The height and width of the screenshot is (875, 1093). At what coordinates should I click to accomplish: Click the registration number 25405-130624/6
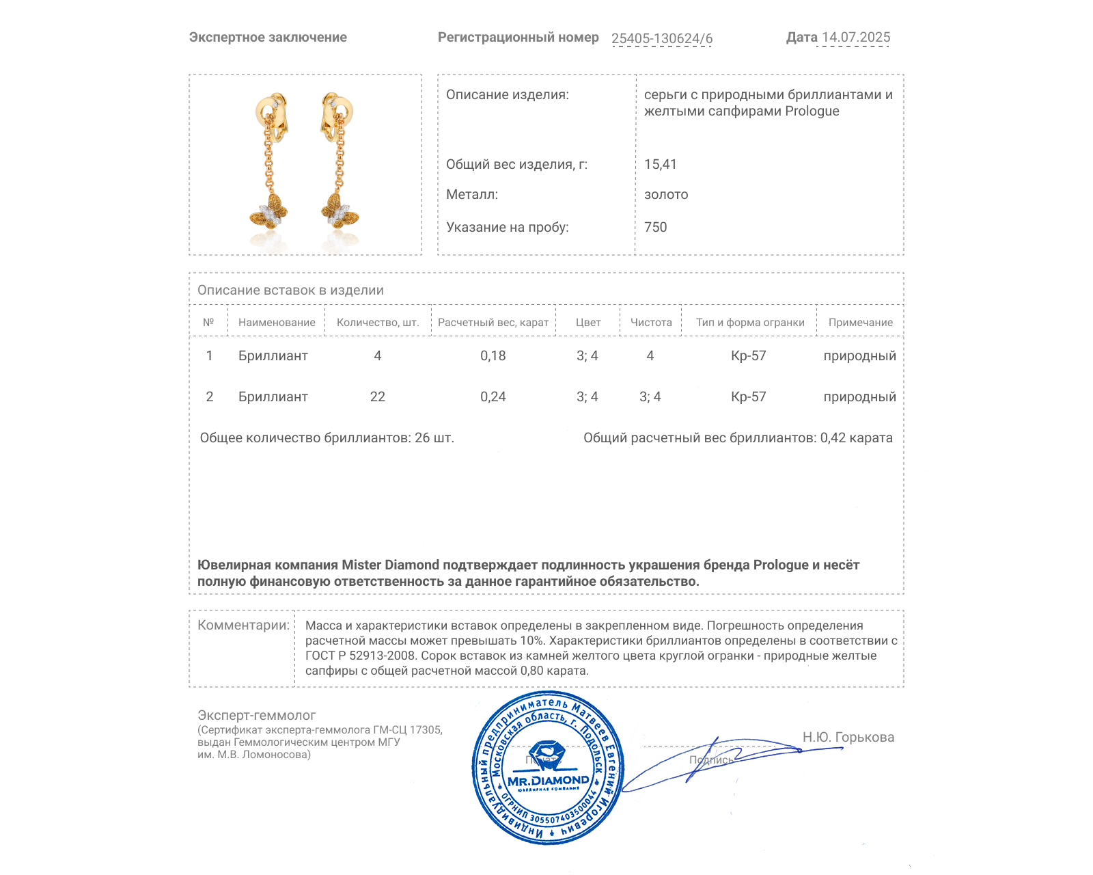(661, 38)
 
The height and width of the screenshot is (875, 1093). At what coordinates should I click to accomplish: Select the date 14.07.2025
(856, 37)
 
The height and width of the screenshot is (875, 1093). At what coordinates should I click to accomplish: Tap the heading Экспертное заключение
(268, 37)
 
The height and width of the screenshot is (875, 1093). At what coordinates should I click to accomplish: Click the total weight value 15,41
(660, 164)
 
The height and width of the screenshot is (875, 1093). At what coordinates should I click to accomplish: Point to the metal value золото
(666, 194)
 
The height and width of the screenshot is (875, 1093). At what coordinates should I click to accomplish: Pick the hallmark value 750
(655, 227)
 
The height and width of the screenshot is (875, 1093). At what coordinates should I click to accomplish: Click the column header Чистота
(651, 322)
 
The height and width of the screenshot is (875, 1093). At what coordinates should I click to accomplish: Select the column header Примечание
(860, 322)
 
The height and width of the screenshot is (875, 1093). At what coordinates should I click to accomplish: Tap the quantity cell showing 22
(377, 396)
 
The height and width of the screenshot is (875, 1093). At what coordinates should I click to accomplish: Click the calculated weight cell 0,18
(493, 355)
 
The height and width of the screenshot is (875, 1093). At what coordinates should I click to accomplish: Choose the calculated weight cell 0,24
(493, 396)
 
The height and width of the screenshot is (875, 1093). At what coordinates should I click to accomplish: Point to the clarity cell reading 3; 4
(650, 396)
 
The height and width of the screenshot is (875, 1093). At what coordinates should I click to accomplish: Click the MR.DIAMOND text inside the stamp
(548, 780)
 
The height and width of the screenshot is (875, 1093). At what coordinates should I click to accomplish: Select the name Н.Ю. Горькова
(848, 737)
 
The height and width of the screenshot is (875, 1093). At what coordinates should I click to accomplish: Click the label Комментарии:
(243, 625)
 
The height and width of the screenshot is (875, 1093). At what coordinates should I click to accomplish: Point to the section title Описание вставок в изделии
(290, 290)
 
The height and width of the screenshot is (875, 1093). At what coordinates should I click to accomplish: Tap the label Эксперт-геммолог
(256, 715)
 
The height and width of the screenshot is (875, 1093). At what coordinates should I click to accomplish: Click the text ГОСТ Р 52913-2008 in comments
(360, 656)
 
